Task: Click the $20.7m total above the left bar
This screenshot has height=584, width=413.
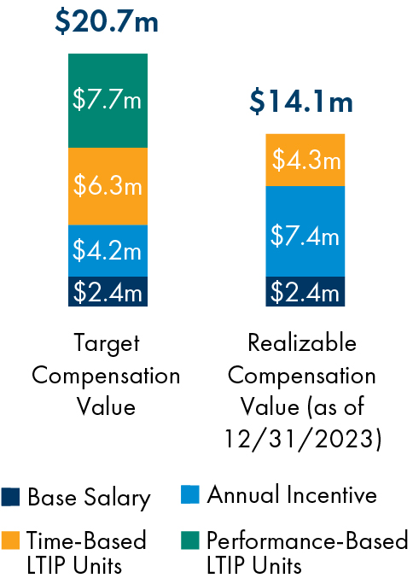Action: tap(107, 21)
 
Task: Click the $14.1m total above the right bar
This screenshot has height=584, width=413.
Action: tap(301, 102)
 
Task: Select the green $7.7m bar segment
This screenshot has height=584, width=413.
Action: tap(108, 100)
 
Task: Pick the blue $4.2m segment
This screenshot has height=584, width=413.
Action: tap(108, 251)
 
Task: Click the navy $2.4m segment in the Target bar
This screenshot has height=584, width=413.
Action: tap(108, 292)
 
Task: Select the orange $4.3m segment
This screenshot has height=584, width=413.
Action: tap(305, 160)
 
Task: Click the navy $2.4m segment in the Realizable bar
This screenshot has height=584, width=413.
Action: tap(305, 292)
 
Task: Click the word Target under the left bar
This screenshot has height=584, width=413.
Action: tap(107, 344)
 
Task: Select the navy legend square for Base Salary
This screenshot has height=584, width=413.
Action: tap(11, 498)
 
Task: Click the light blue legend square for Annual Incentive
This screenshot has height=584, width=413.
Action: tap(191, 495)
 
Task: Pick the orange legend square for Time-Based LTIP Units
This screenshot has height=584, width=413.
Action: tap(11, 540)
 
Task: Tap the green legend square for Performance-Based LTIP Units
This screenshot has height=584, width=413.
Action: tap(191, 540)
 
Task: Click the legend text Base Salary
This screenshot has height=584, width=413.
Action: tap(89, 498)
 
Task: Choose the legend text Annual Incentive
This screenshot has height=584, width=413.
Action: tap(292, 495)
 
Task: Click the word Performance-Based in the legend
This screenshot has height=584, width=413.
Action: tap(307, 540)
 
